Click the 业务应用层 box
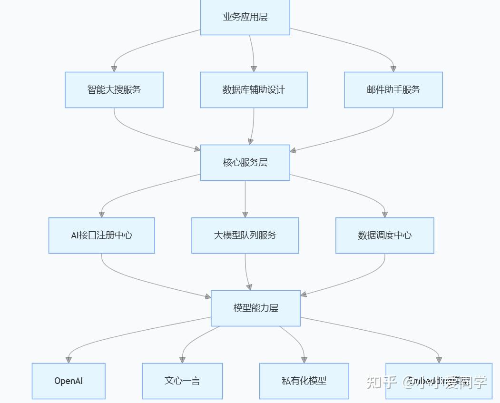click(245, 17)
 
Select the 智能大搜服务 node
click(114, 90)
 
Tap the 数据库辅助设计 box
click(254, 90)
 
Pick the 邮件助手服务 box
click(393, 90)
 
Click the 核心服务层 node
click(245, 163)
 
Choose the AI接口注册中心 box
click(101, 236)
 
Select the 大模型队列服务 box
click(245, 236)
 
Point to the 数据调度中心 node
click(385, 236)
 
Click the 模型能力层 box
click(255, 308)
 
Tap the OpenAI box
click(69, 381)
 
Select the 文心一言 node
click(182, 381)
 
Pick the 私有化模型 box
click(304, 381)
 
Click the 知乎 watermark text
click(381, 382)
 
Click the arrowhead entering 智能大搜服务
click(114, 69)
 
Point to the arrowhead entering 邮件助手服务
click(393, 69)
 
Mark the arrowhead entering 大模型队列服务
click(245, 214)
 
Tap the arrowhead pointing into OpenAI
click(69, 360)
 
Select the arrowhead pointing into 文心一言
click(182, 360)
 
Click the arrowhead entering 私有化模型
click(304, 360)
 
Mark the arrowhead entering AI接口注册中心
click(101, 214)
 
